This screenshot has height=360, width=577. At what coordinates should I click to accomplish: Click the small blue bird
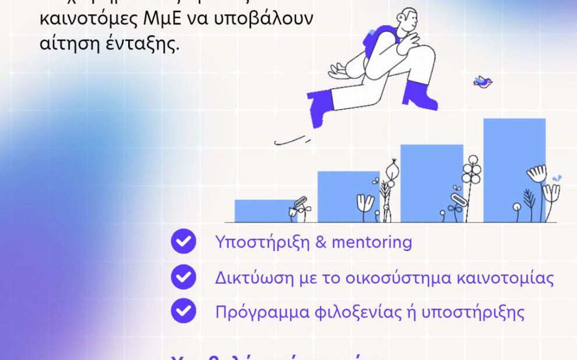pos(483,82)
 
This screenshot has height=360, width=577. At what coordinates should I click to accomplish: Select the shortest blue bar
pos(262,210)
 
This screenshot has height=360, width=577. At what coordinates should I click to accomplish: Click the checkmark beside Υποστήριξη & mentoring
pos(183,242)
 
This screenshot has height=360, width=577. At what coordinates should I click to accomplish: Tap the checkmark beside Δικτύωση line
pos(183,277)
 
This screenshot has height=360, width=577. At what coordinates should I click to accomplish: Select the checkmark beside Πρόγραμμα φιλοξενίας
pos(183,311)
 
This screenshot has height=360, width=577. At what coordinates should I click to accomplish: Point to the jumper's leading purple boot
pos(420,94)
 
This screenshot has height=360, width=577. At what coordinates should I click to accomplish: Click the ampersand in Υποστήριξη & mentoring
pos(321,242)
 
